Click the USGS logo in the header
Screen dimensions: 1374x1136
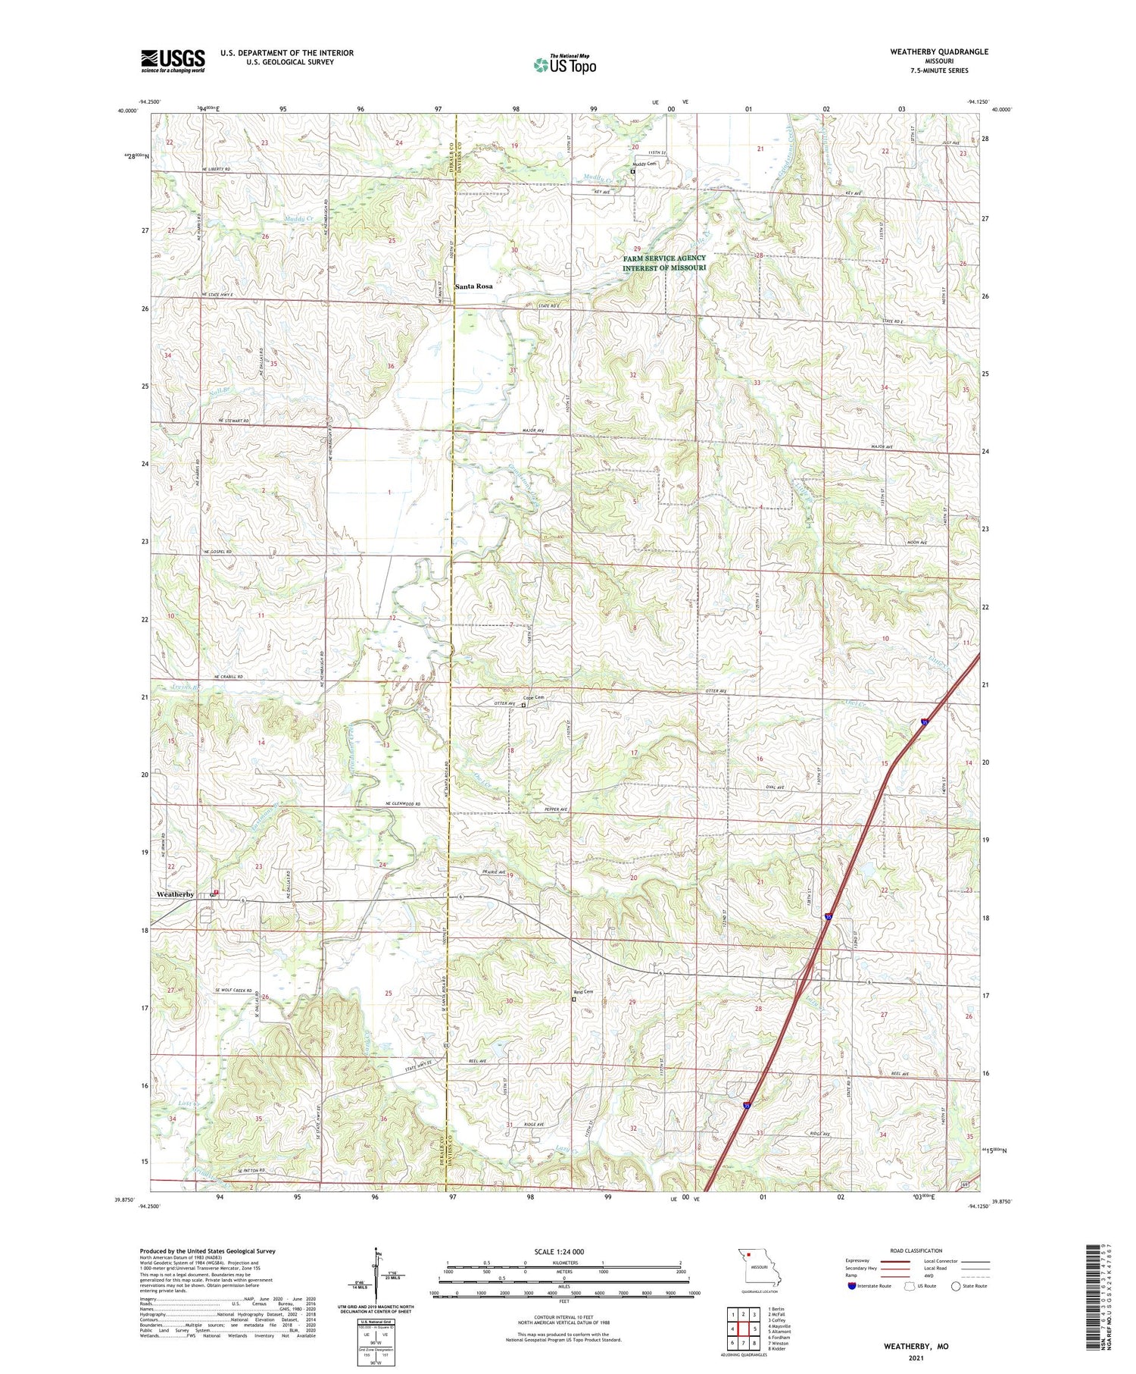pos(173,61)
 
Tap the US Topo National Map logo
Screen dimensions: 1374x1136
pos(564,64)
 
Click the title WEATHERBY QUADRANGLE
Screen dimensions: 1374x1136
pos(940,52)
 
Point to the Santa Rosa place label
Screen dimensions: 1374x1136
pos(473,286)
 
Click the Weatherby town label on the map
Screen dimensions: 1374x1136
pos(175,894)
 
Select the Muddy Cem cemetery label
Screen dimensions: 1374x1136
pos(644,164)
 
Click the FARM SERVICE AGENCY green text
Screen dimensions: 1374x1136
pos(664,258)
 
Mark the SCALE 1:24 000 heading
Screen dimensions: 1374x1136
pos(559,1251)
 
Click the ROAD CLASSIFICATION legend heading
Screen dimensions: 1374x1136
pos(916,1250)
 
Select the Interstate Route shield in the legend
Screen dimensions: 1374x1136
pos(852,1286)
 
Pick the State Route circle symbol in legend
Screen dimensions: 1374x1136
pos(956,1286)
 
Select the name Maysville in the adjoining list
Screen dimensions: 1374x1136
pos(781,1325)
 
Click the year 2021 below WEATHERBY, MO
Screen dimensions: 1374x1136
pos(915,1359)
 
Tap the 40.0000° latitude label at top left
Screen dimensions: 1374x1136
pos(128,111)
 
